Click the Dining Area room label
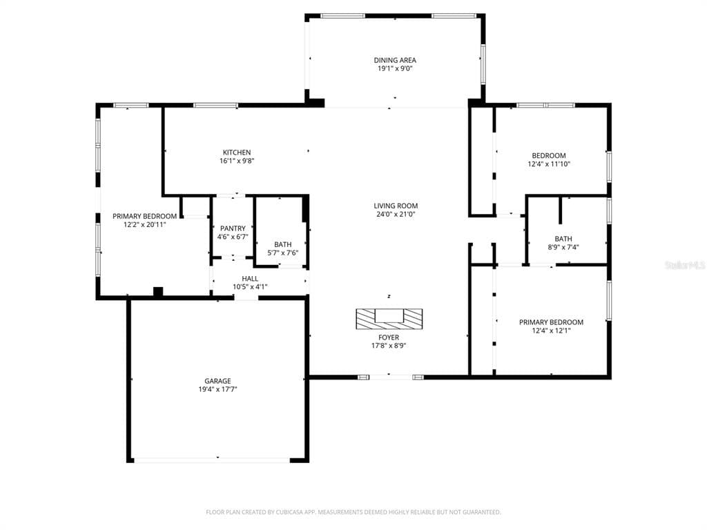pos(395,60)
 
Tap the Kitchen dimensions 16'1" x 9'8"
pos(236,161)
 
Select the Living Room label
pos(396,206)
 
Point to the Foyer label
pos(389,337)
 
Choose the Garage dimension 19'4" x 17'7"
pos(217,389)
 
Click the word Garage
pos(217,381)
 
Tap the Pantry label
pos(233,228)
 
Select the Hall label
pos(250,278)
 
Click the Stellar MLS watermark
pos(685,265)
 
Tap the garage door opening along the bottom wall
pos(217,459)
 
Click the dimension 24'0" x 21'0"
pos(396,214)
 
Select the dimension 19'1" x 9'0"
pos(395,69)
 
